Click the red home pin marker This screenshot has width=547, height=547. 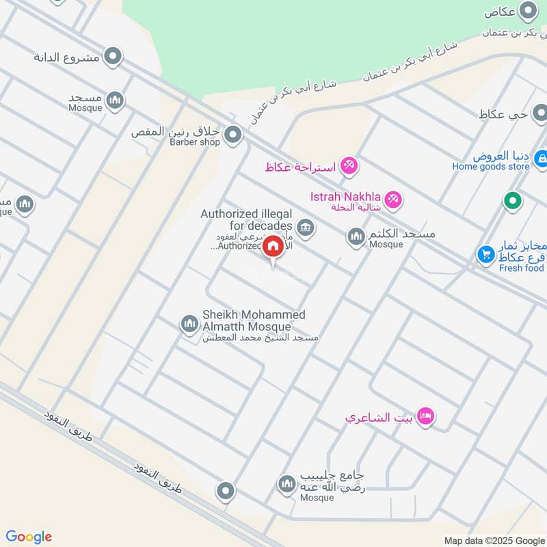(x=273, y=246)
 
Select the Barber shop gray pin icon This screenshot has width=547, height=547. (x=233, y=134)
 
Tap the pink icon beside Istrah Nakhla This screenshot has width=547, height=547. (x=392, y=200)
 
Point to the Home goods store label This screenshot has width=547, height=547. (x=490, y=166)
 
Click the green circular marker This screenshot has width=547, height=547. (x=512, y=201)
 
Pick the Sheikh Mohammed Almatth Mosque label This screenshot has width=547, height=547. (x=254, y=321)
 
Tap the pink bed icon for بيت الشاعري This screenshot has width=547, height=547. (x=425, y=416)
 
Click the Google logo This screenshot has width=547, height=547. (x=29, y=536)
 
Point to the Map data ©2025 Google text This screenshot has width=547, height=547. (x=494, y=539)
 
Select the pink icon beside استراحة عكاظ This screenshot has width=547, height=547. (x=349, y=165)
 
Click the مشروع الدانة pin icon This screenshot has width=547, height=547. (x=113, y=56)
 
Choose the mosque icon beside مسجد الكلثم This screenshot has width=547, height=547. (x=356, y=237)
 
